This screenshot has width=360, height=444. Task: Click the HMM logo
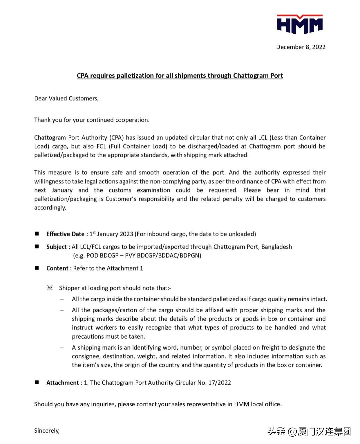[300, 24]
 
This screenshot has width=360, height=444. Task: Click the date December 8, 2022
[301, 47]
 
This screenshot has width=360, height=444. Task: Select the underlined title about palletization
[180, 76]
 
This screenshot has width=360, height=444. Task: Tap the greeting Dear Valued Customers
[66, 98]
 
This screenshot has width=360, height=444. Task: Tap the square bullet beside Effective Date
[37, 234]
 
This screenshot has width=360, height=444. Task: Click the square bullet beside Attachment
[37, 382]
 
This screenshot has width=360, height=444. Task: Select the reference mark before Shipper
[50, 288]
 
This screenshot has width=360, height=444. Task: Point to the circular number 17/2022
[219, 383]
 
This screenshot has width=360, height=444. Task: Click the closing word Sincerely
[47, 431]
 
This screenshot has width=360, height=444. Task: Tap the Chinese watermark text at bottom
[309, 431]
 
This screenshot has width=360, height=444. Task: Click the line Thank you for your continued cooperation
[92, 120]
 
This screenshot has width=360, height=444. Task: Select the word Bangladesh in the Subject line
[277, 247]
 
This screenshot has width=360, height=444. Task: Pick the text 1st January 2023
[111, 234]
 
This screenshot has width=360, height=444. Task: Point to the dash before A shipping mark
[62, 347]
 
